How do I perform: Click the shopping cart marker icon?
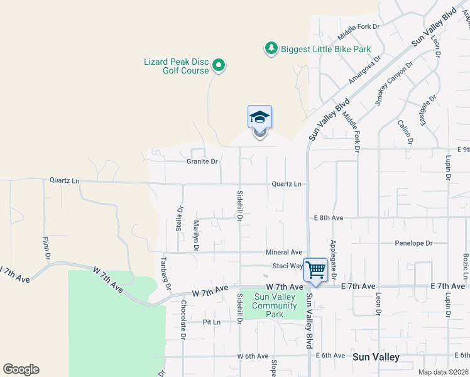tap(315, 270)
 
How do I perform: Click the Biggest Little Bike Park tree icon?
tap(271, 48)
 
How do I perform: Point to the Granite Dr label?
tap(202, 161)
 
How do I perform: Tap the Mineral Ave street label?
tap(284, 251)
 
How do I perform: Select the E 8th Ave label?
tap(329, 217)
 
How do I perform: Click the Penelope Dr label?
tap(413, 243)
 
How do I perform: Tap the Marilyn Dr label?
tap(196, 235)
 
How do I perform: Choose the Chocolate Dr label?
tap(183, 319)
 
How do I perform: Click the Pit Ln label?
tap(212, 322)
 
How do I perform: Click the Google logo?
tap(21, 369)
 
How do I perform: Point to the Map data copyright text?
tap(442, 372)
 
